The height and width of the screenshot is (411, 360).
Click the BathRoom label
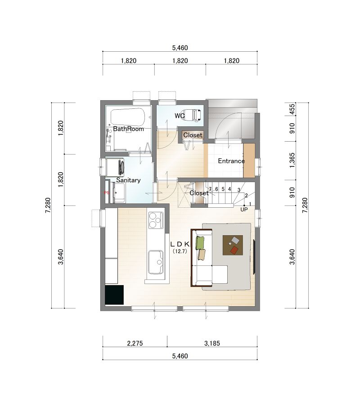tap(128, 129)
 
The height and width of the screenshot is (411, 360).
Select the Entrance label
tap(231, 161)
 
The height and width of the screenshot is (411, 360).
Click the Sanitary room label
tap(128, 180)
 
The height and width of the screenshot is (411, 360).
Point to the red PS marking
tap(106, 192)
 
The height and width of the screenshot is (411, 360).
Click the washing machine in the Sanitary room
tap(115, 167)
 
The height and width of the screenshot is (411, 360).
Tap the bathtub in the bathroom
tap(128, 117)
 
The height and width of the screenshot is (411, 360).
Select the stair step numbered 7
tap(210, 189)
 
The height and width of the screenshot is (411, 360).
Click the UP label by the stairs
tap(244, 210)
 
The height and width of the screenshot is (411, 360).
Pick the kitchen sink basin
tap(156, 262)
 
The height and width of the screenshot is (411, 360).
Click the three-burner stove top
tap(156, 220)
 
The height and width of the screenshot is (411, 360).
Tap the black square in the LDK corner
tap(114, 295)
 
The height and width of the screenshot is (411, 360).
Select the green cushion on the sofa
tap(200, 243)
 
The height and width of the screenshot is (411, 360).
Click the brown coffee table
tap(233, 245)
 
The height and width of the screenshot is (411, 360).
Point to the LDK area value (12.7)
tap(180, 251)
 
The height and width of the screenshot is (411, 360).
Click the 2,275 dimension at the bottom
tap(135, 343)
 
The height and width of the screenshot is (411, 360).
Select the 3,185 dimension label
tap(212, 343)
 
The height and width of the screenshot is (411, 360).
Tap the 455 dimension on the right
tap(292, 109)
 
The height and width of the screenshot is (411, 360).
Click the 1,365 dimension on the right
tap(292, 161)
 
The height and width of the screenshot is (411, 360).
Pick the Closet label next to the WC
tap(193, 135)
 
